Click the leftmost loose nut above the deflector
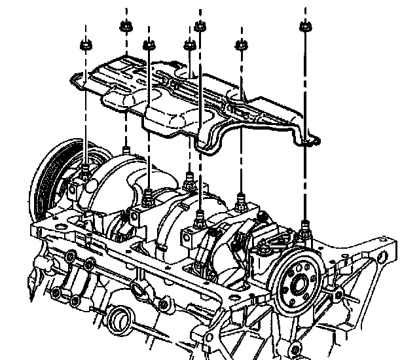click(85, 45)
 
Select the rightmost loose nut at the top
click(303, 27)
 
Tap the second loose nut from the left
click(124, 26)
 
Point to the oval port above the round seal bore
click(138, 289)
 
